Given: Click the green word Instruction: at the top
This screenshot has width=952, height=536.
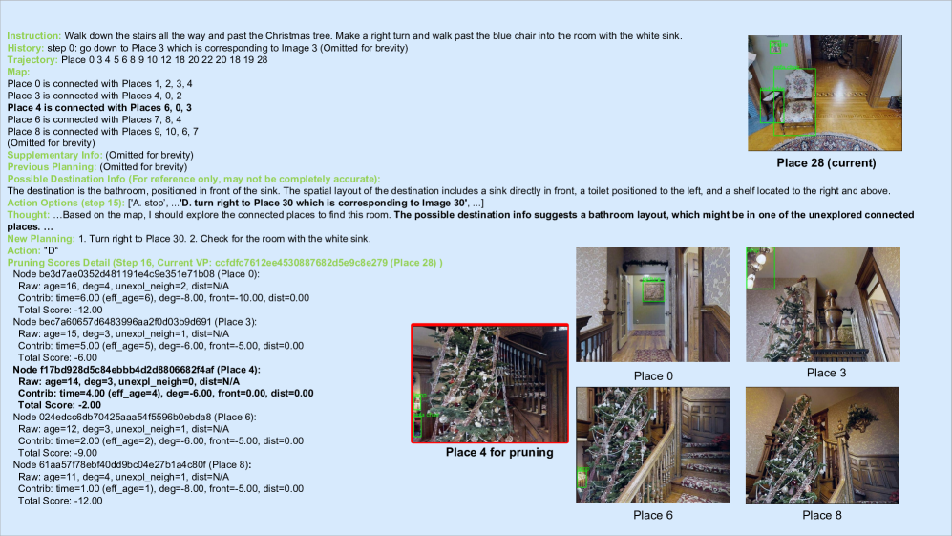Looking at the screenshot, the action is click(x=34, y=36).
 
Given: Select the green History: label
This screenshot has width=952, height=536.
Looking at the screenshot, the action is click(x=26, y=48).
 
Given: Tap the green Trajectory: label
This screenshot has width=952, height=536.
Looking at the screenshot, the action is click(x=32, y=59).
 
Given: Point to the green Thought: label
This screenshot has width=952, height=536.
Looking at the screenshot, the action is click(x=29, y=215).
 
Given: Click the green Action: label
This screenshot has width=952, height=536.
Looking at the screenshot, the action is click(x=24, y=250).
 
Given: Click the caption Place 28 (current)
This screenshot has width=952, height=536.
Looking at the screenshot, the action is click(x=826, y=162).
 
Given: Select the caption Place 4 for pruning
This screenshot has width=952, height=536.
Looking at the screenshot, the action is click(x=499, y=452).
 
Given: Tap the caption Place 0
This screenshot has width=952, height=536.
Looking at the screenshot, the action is click(x=653, y=376).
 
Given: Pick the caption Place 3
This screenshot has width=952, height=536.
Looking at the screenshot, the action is click(x=826, y=374).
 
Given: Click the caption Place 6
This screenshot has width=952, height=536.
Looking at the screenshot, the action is click(x=653, y=515).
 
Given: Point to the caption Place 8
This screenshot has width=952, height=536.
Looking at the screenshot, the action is click(x=822, y=515).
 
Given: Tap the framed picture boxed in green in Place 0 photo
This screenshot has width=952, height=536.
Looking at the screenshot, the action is click(x=653, y=290).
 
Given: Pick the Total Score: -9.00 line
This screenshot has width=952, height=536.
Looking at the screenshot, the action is click(x=57, y=453).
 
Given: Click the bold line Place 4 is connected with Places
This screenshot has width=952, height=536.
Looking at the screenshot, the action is click(x=99, y=108).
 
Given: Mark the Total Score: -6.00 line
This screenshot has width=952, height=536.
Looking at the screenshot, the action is click(x=57, y=358).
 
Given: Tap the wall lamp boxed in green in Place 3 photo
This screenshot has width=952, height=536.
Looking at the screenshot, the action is click(x=759, y=268).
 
